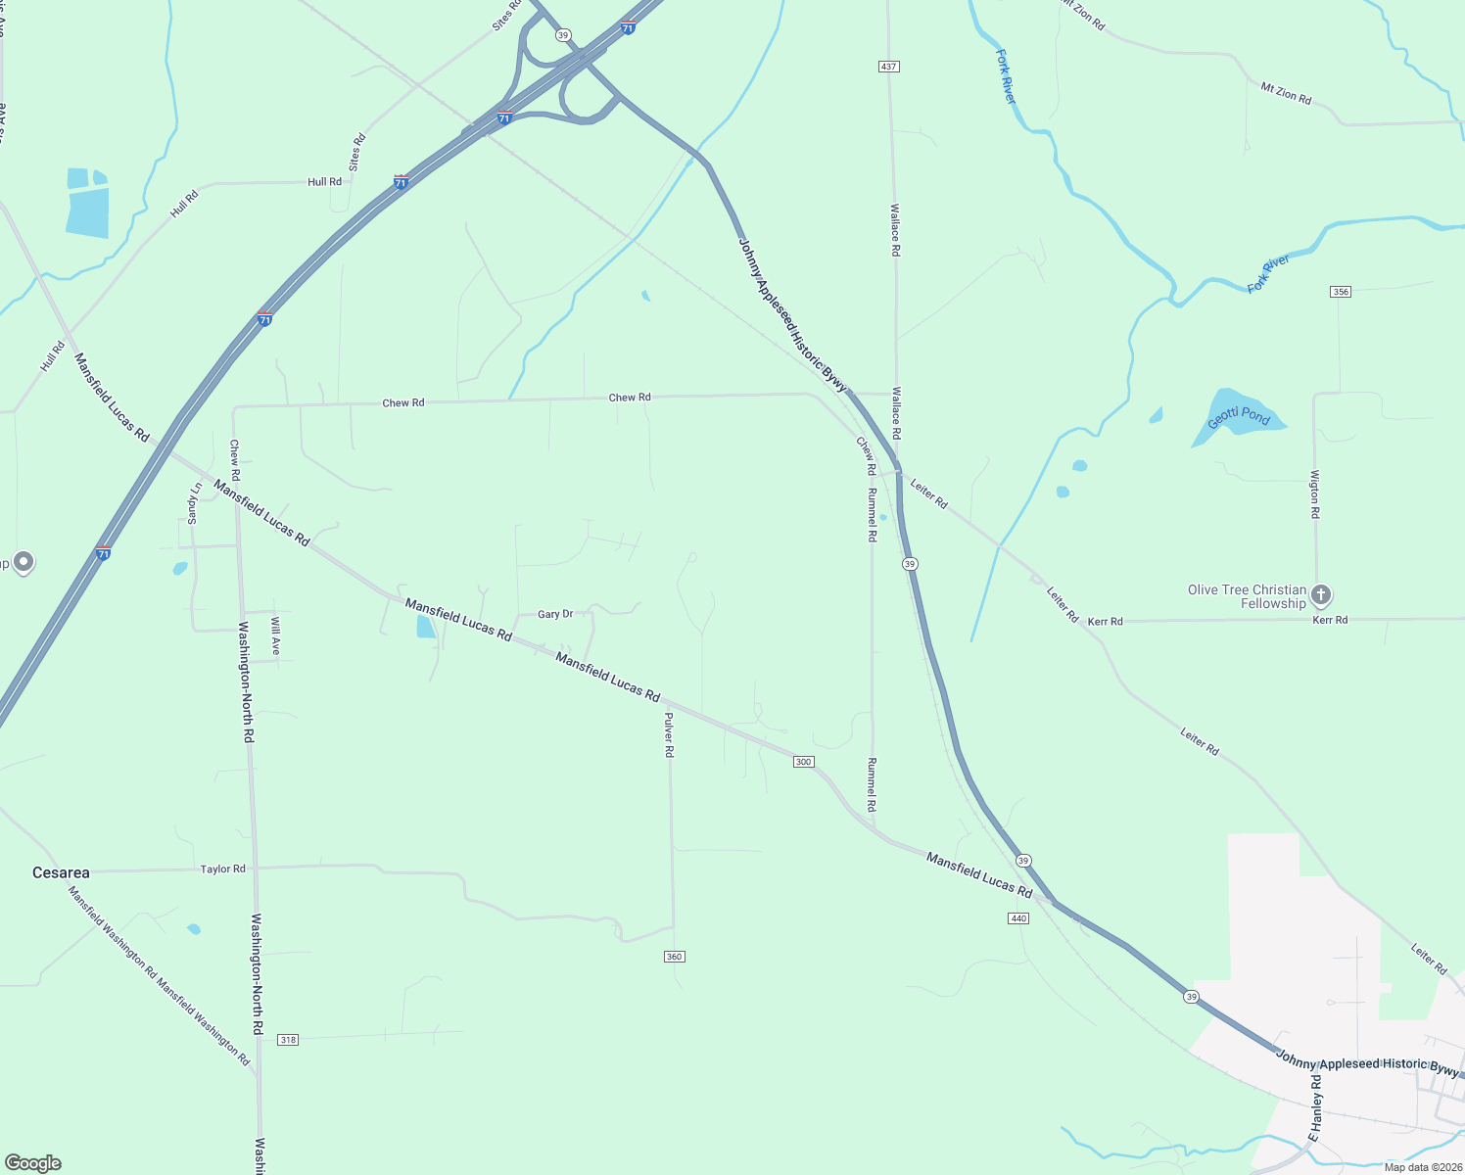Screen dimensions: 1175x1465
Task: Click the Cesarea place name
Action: coord(61,872)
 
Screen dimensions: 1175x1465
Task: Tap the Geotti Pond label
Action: coord(1238,417)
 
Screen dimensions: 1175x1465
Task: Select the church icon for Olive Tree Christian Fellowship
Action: coord(1320,595)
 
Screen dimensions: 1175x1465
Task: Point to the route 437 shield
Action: coord(888,67)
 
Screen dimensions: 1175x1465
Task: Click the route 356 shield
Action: coord(1341,292)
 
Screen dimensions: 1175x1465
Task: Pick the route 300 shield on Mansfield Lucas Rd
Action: coord(803,762)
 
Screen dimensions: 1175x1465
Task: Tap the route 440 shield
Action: coord(1018,918)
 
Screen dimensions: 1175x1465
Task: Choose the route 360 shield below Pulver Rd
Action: coord(674,957)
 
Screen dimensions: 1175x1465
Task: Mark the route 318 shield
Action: coord(288,1040)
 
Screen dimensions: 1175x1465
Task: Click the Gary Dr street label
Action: coord(555,614)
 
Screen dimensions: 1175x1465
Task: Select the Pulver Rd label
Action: coord(669,734)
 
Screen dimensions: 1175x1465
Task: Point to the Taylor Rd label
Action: coord(223,869)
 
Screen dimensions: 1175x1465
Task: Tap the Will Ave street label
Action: coord(275,636)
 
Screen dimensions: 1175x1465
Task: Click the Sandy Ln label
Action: coord(194,503)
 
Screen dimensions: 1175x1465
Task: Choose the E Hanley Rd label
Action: coord(1315,1107)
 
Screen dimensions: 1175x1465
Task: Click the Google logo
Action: coord(33,1163)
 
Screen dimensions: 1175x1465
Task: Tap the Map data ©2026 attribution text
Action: coord(1420,1167)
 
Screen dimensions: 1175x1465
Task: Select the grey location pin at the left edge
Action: coord(24,562)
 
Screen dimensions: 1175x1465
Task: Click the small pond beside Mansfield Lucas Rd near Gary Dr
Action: coord(425,627)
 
